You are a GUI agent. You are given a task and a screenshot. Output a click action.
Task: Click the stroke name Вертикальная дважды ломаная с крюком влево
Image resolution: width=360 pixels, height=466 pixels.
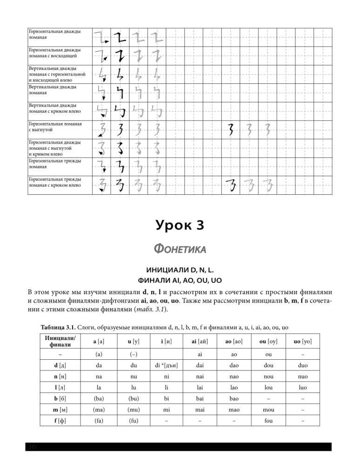pyautogui.click(x=53, y=108)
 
